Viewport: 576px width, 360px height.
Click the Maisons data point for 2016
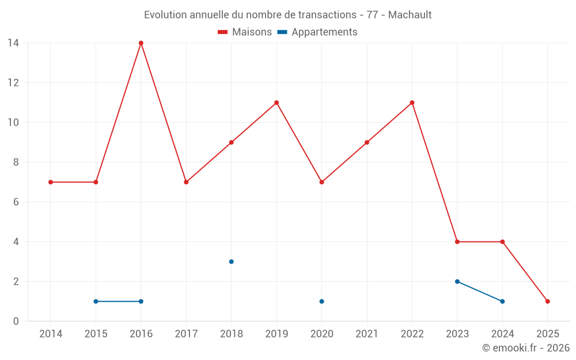[x=141, y=43]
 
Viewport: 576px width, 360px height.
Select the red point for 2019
[x=276, y=103]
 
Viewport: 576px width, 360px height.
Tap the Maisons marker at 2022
[x=412, y=103]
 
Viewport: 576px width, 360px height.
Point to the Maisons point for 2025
[x=548, y=301]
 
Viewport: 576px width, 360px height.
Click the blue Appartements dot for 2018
[x=232, y=262]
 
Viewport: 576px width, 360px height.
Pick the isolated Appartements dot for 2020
[x=321, y=301]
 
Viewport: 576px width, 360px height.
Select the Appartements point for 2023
[x=457, y=282]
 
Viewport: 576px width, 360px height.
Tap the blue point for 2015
[x=96, y=301]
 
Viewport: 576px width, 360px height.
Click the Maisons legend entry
[x=245, y=32]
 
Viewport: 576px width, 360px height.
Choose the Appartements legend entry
[x=317, y=32]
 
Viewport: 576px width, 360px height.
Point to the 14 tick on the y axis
[x=13, y=43]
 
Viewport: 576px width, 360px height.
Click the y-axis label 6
[x=16, y=202]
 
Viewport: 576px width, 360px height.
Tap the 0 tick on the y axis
[x=16, y=321]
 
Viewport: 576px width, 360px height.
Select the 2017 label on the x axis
[x=186, y=334]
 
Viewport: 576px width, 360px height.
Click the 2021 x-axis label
[x=367, y=334]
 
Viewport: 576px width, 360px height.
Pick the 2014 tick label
[x=51, y=334]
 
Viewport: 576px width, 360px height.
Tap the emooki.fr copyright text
[x=526, y=348]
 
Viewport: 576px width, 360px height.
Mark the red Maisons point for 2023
[x=457, y=242]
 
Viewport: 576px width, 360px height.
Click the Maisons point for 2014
[x=51, y=182]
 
